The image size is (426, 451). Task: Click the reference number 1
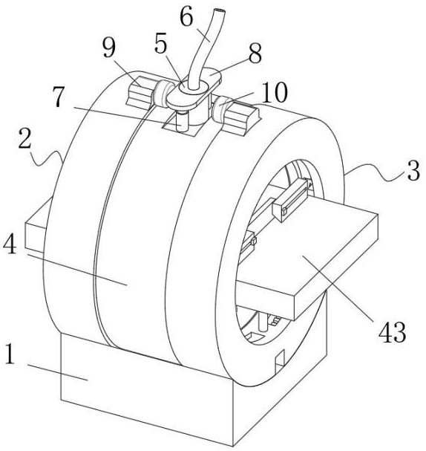tap(10, 354)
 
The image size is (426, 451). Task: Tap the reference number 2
tap(24, 138)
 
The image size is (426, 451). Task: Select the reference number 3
tap(413, 170)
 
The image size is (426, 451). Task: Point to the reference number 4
tap(10, 244)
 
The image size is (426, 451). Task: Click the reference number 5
tap(160, 44)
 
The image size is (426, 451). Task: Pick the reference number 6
tap(186, 17)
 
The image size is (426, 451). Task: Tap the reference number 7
tap(59, 97)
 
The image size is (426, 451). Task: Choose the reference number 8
tap(255, 53)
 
